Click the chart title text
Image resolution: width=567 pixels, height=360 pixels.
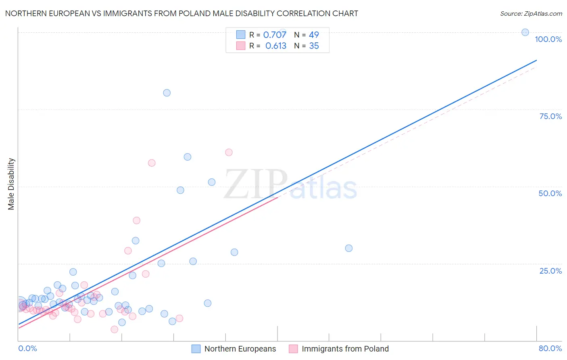tap(181, 13)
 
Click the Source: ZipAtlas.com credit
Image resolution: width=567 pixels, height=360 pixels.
tap(531, 13)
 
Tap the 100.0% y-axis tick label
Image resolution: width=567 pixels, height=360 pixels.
tap(548, 39)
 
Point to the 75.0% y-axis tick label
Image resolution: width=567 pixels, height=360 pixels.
tap(550, 116)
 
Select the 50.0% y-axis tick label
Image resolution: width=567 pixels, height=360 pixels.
tap(550, 193)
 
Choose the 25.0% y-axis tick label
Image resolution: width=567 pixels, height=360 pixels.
tap(550, 271)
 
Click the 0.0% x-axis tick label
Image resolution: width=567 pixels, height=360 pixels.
tap(27, 348)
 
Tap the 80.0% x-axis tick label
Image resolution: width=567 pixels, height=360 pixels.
tap(550, 348)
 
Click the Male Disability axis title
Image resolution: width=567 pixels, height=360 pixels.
tap(11, 184)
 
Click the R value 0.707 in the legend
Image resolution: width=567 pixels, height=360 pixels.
tap(275, 35)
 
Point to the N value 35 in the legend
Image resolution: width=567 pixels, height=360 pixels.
tap(314, 46)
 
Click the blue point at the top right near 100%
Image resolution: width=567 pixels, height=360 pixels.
tap(525, 32)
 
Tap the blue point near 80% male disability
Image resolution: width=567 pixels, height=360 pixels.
tap(167, 93)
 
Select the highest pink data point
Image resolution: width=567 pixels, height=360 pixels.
tap(229, 152)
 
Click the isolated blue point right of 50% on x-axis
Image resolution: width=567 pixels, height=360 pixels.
tap(349, 248)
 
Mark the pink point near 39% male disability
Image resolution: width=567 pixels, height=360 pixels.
tap(136, 220)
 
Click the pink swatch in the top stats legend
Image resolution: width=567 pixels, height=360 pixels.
tap(241, 46)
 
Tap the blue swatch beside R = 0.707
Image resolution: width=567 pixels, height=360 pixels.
tap(241, 35)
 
